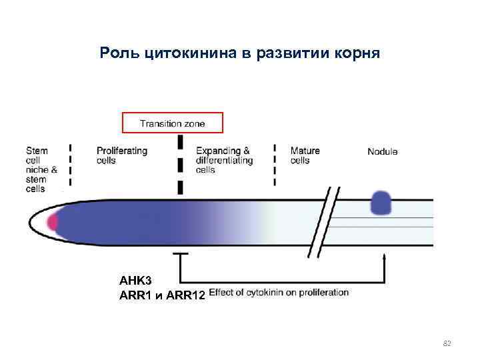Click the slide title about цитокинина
(x=240, y=52)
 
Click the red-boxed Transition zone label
(x=172, y=123)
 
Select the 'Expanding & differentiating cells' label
(x=224, y=160)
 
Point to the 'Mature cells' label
(x=305, y=155)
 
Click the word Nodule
(x=382, y=151)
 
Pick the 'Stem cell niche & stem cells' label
(x=41, y=169)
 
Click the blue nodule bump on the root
(x=381, y=203)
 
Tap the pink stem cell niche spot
(x=52, y=222)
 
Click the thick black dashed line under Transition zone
(x=180, y=165)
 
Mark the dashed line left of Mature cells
(x=276, y=163)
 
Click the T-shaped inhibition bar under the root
(x=179, y=254)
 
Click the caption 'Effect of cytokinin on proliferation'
(x=279, y=293)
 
